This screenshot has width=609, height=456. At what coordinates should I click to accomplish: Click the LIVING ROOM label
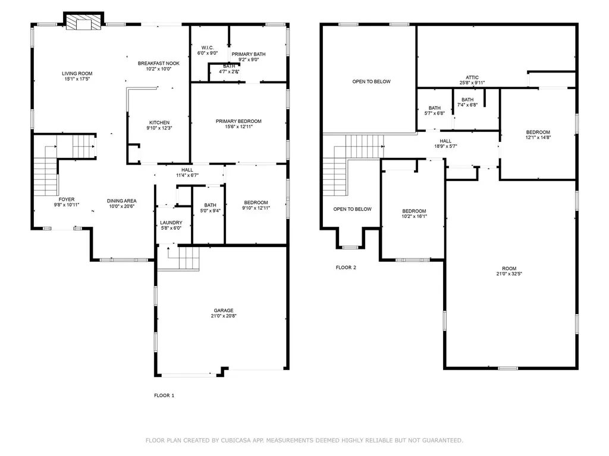[77, 73]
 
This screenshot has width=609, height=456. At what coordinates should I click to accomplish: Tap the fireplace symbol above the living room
[83, 21]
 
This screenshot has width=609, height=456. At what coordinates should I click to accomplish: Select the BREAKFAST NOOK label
[158, 63]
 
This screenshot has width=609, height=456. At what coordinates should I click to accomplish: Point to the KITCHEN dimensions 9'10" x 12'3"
[159, 128]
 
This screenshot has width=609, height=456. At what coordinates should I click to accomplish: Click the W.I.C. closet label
[208, 47]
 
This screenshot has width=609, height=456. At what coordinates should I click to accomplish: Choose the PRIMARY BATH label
[249, 54]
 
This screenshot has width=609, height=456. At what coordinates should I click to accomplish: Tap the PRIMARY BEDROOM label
[238, 121]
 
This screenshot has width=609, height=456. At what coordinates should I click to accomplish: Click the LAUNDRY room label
[171, 223]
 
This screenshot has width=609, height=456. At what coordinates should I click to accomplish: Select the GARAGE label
[224, 311]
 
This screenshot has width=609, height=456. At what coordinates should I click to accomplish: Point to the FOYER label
[67, 199]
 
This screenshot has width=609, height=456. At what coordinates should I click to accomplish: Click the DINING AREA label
[121, 201]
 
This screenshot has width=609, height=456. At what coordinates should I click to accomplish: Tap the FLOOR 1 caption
[164, 395]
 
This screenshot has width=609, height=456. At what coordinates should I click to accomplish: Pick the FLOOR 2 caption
[346, 268]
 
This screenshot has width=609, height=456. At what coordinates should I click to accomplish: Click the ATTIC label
[472, 78]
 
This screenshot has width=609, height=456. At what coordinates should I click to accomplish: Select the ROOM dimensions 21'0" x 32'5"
[509, 274]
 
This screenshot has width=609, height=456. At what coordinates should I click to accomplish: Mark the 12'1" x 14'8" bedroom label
[538, 137]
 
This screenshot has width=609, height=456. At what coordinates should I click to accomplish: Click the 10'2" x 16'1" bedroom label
[414, 216]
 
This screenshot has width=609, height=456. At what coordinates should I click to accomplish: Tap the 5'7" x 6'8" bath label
[435, 113]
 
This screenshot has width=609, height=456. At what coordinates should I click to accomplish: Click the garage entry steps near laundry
[178, 258]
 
